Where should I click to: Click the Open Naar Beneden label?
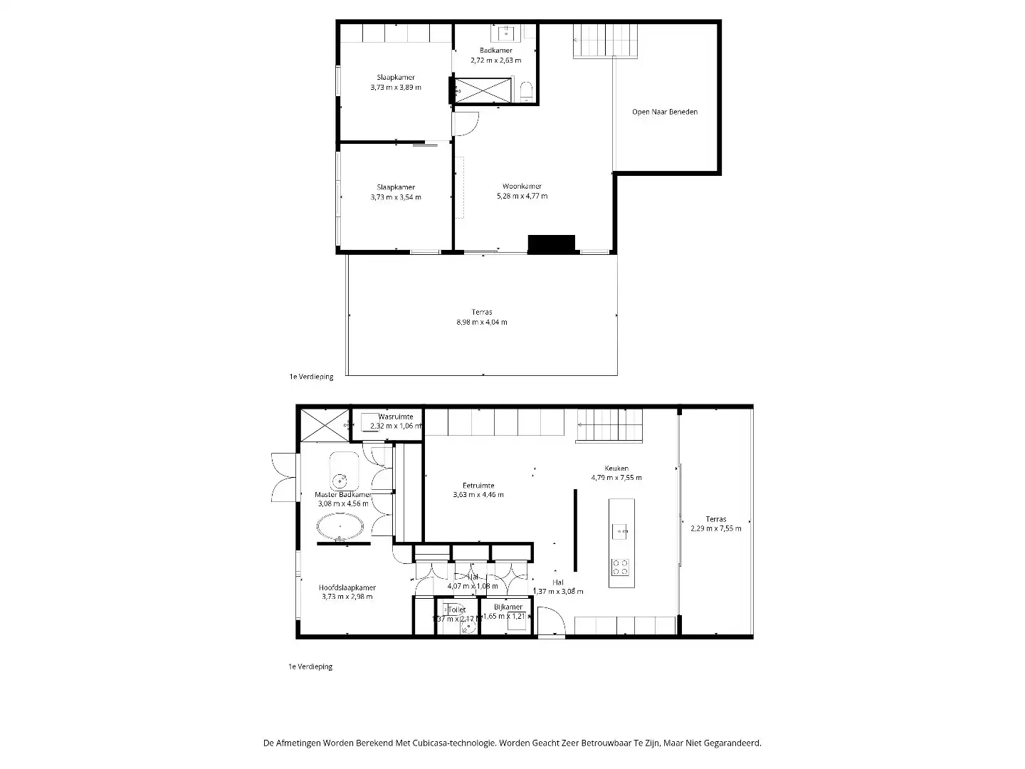pyautogui.click(x=664, y=112)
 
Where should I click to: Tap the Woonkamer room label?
pyautogui.click(x=522, y=187)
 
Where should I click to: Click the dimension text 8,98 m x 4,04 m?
pyautogui.click(x=482, y=323)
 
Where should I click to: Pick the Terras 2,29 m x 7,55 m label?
pyautogui.click(x=715, y=524)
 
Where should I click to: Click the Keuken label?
pyautogui.click(x=616, y=468)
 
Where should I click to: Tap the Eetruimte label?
pyautogui.click(x=478, y=486)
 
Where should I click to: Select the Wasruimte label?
pyautogui.click(x=396, y=417)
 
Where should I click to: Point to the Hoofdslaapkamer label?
pyautogui.click(x=347, y=587)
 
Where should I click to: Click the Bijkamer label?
pyautogui.click(x=508, y=607)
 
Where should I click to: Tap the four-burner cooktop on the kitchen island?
pyautogui.click(x=621, y=567)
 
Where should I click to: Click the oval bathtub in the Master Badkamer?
pyautogui.click(x=340, y=528)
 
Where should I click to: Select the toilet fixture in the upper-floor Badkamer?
pyautogui.click(x=526, y=90)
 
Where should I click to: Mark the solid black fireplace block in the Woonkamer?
pyautogui.click(x=551, y=244)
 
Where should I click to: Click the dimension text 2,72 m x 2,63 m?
pyautogui.click(x=495, y=61)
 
